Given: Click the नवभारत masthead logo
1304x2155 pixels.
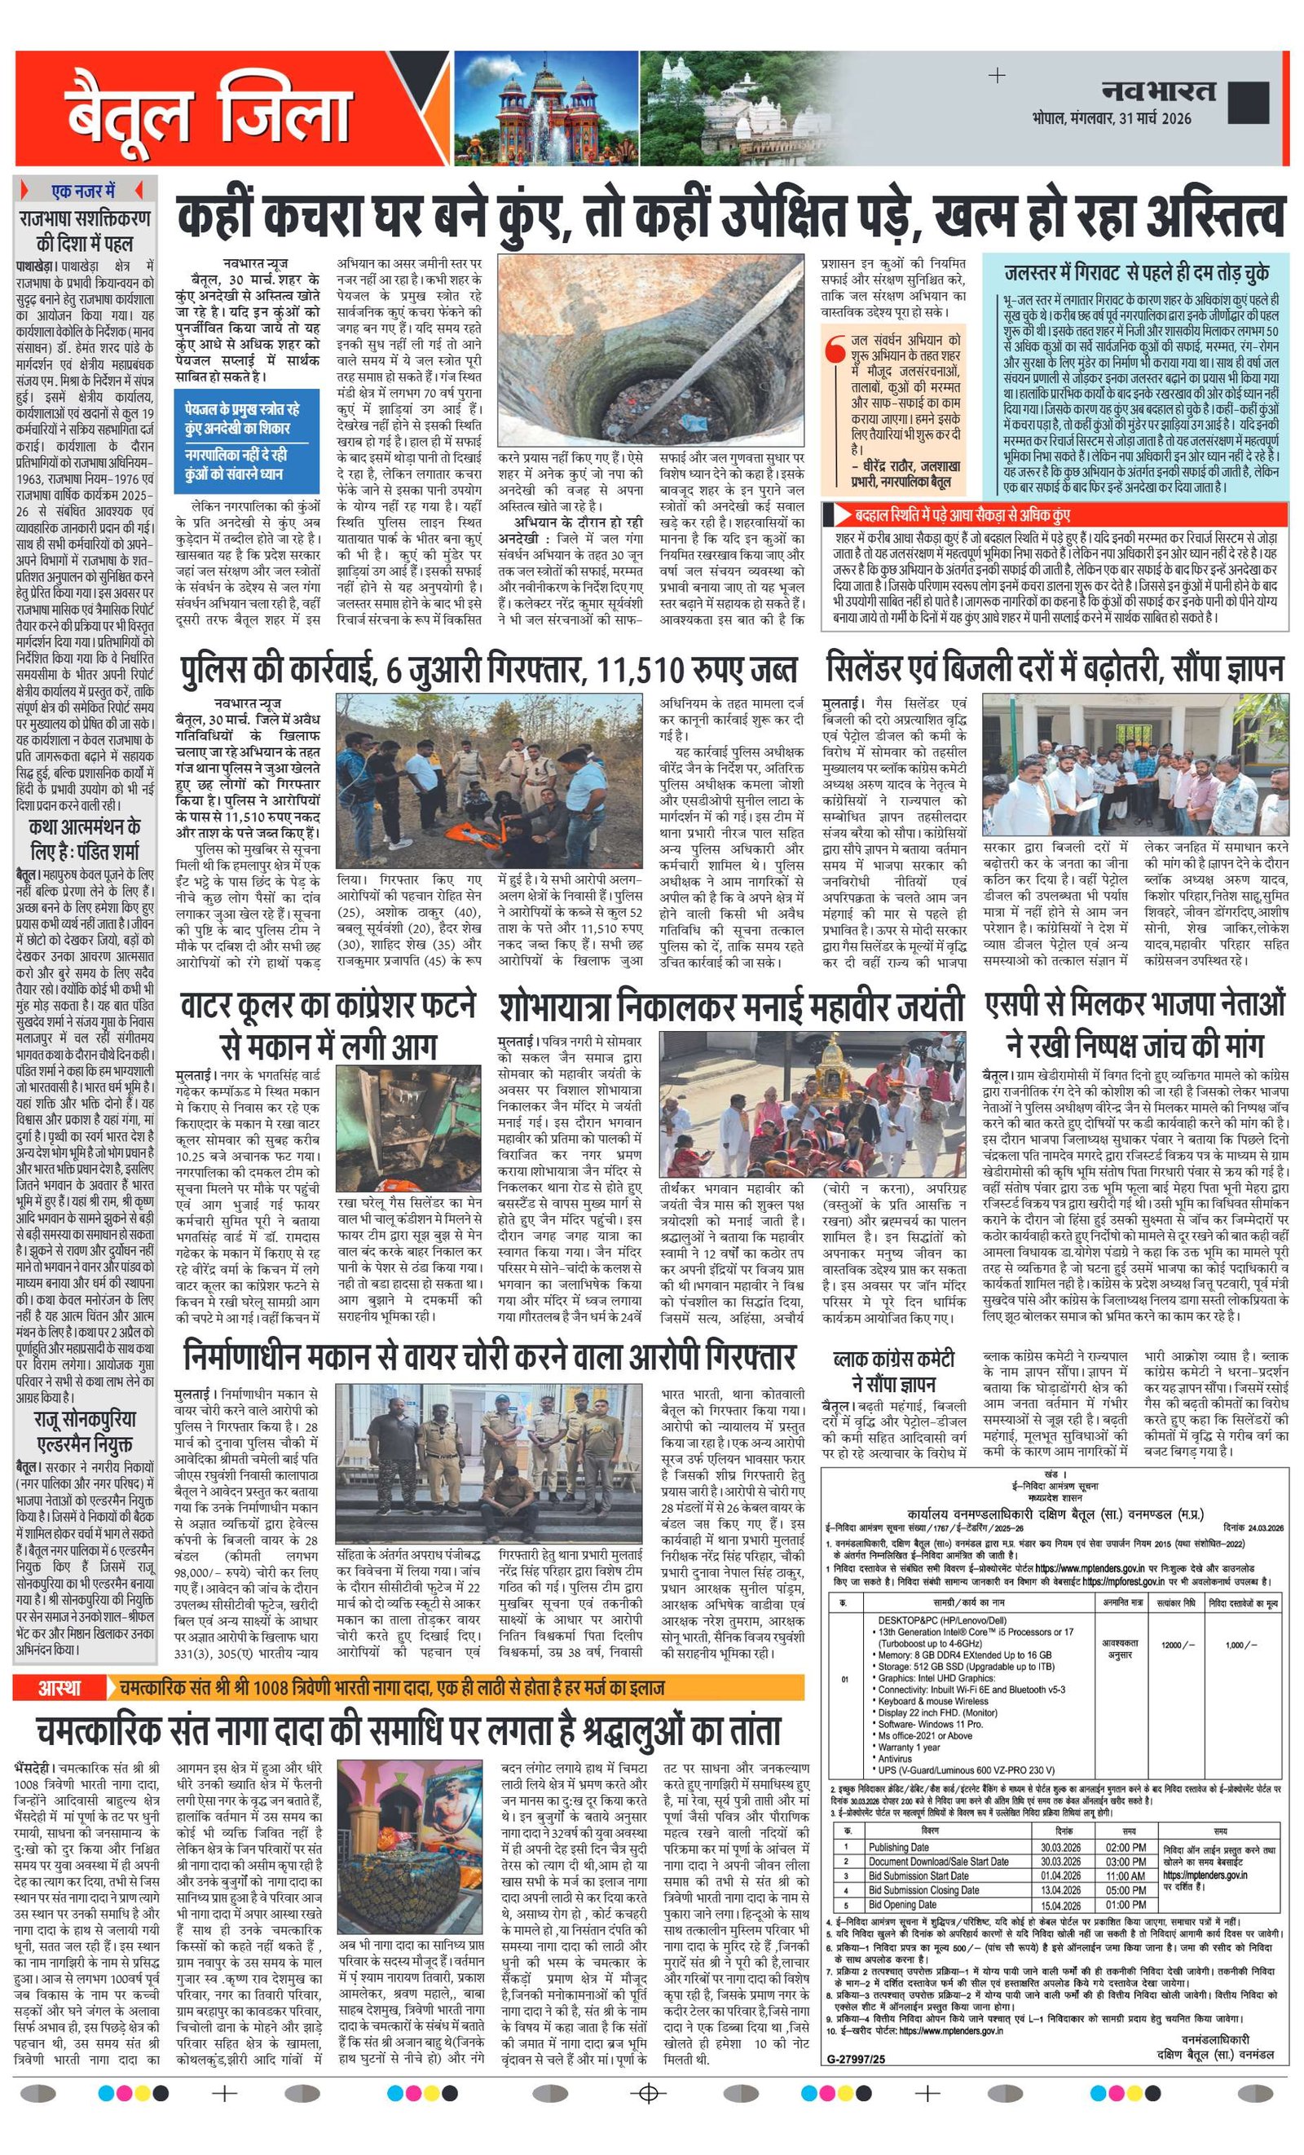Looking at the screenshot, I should tap(1158, 90).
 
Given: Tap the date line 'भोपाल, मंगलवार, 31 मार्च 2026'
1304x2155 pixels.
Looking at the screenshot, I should tap(1111, 118).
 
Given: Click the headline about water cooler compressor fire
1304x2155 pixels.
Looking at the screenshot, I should tap(327, 1022).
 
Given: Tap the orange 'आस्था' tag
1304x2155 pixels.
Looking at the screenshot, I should tap(59, 1076).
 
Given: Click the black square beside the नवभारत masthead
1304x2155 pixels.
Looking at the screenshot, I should tap(1248, 101).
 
